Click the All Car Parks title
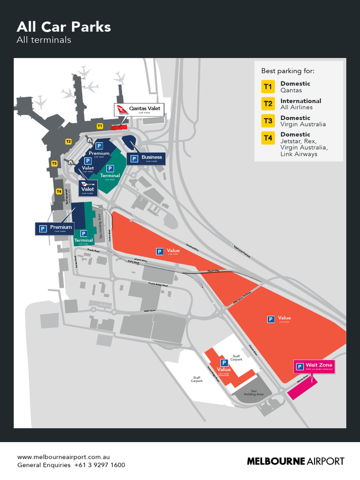(x=64, y=27)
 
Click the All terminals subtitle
(x=44, y=40)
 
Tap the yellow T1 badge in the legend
(x=268, y=87)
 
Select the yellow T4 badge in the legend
(x=268, y=138)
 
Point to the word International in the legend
(x=300, y=101)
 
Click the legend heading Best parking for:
(x=287, y=71)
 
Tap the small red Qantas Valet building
(x=119, y=127)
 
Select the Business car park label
(x=147, y=158)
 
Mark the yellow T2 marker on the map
(x=68, y=141)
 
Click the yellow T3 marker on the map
(x=54, y=163)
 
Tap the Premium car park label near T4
(x=56, y=228)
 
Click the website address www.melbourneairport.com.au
(x=63, y=457)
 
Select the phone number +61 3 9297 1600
(x=99, y=465)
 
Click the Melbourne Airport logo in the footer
(x=295, y=461)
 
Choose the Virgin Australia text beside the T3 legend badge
(x=303, y=124)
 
